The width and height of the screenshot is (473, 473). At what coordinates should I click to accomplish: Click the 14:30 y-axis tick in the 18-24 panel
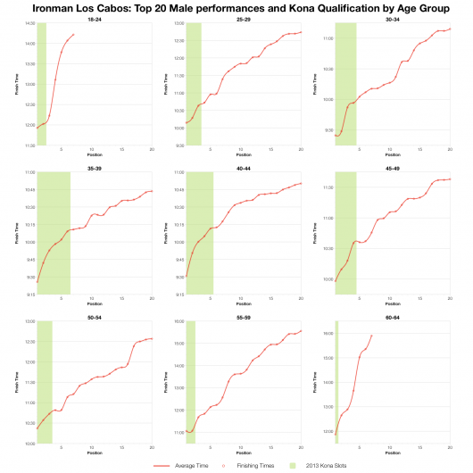tap(30, 23)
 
